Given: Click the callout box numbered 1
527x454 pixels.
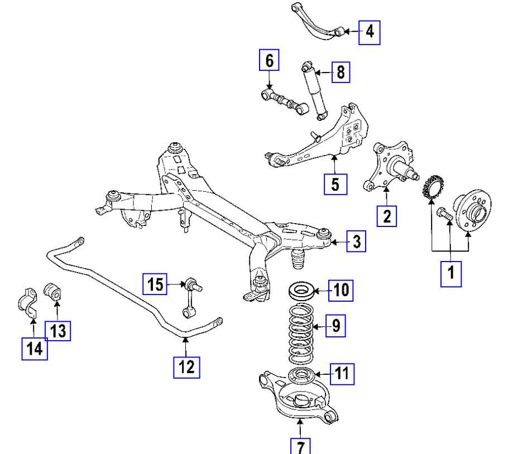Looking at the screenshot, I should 451,274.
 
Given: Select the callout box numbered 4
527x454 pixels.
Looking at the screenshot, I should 369,32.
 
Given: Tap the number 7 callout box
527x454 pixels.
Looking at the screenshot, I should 300,447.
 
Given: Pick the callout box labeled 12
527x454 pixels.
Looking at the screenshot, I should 186,366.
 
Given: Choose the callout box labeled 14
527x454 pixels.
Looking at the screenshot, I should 34,348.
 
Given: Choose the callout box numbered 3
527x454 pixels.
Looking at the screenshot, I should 356,242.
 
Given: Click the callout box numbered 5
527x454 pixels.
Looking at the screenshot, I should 335,183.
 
